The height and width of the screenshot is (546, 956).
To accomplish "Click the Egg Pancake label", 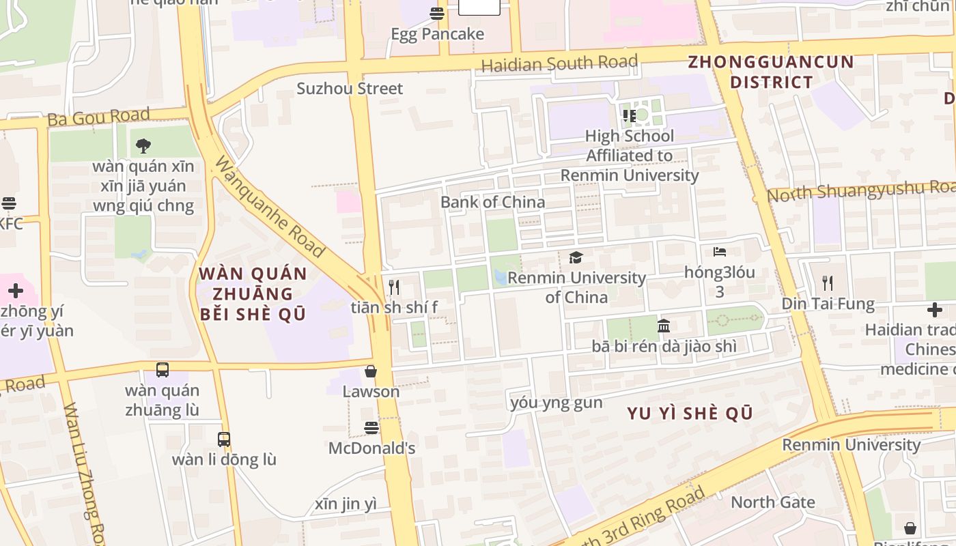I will pyautogui.click(x=437, y=34).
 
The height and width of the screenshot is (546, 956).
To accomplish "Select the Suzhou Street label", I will pyautogui.click(x=350, y=88).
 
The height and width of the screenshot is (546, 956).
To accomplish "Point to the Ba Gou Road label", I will pyautogui.click(x=98, y=117).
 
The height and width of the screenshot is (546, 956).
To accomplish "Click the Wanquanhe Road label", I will pyautogui.click(x=270, y=207).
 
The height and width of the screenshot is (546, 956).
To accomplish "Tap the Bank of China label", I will pyautogui.click(x=492, y=202).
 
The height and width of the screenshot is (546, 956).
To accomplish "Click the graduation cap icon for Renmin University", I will pyautogui.click(x=576, y=258).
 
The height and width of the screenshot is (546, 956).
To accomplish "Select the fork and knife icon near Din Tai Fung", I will pyautogui.click(x=828, y=283).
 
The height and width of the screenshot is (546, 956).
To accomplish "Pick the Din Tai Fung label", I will pyautogui.click(x=828, y=304).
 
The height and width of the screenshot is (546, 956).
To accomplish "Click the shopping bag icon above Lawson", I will pyautogui.click(x=371, y=371).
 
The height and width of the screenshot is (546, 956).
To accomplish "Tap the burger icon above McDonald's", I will pyautogui.click(x=371, y=428).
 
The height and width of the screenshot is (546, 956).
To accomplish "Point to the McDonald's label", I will pyautogui.click(x=371, y=448).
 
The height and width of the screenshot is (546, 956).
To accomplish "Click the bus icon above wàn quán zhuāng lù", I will pyautogui.click(x=163, y=370).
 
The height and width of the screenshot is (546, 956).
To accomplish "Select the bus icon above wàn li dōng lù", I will pyautogui.click(x=224, y=440).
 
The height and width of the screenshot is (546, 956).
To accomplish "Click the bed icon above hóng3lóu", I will pyautogui.click(x=720, y=252).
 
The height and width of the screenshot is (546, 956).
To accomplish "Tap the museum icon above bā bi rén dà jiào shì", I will pyautogui.click(x=664, y=326).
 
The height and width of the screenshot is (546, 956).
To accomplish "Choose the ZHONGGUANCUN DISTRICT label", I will pyautogui.click(x=771, y=72).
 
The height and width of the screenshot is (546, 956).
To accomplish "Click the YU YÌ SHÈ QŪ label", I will pyautogui.click(x=690, y=414).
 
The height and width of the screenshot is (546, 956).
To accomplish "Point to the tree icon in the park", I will pyautogui.click(x=143, y=145).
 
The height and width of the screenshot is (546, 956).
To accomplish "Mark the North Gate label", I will pyautogui.click(x=773, y=502).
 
